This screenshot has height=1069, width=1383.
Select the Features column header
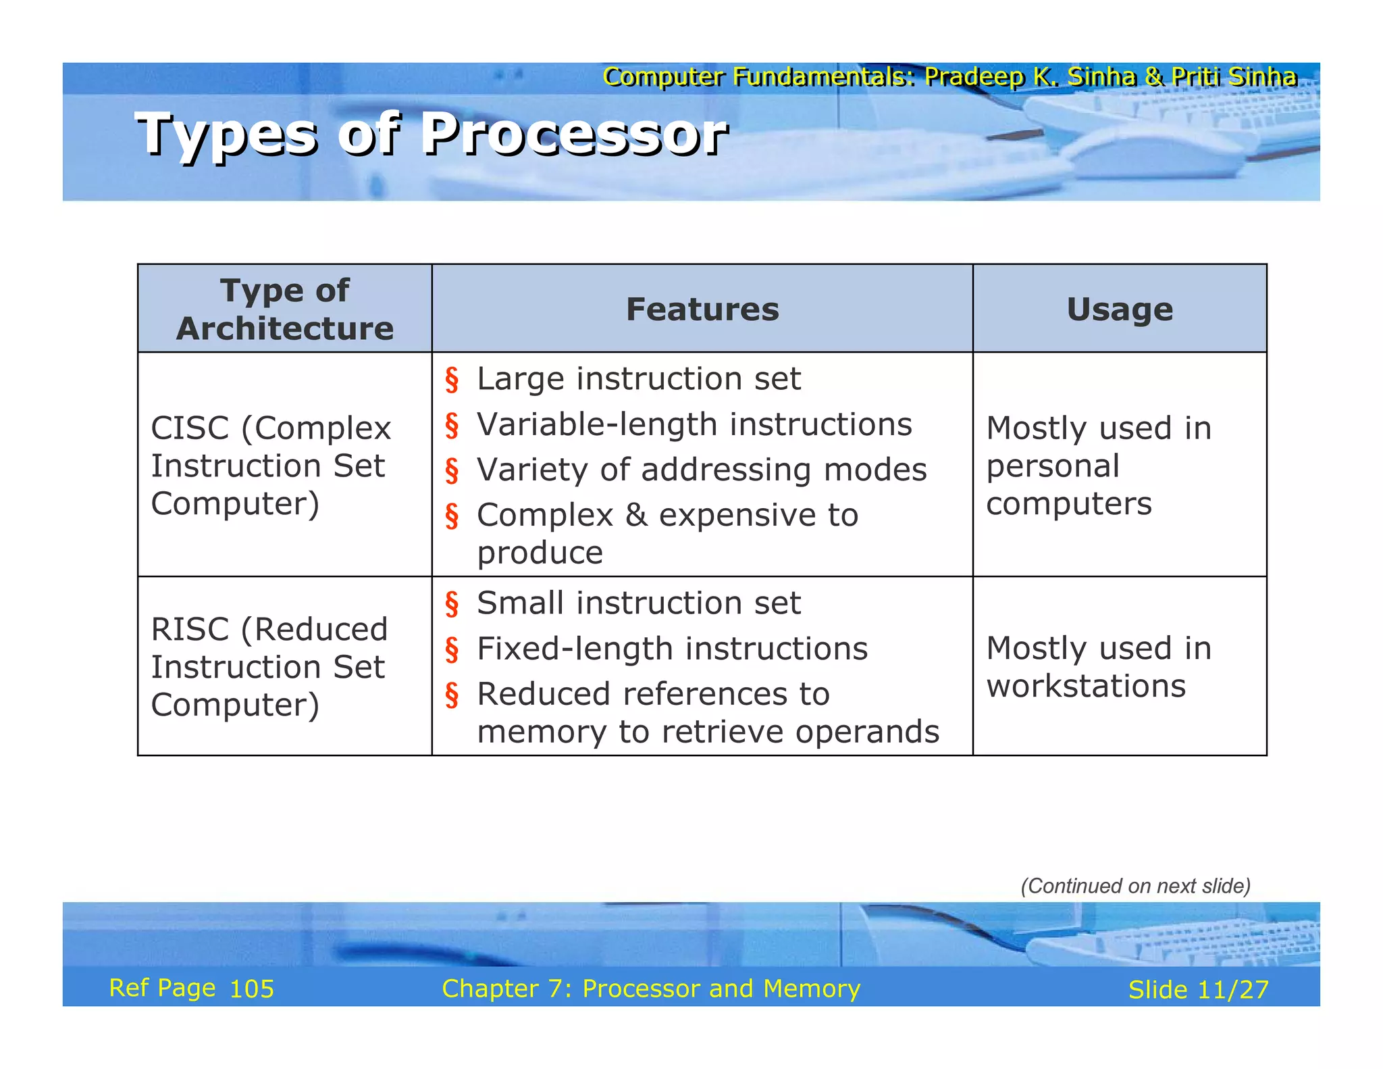(x=702, y=309)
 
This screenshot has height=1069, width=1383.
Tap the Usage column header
(x=1119, y=309)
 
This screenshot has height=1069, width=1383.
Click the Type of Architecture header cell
(x=284, y=309)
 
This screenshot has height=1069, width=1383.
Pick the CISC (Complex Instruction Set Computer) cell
(x=270, y=466)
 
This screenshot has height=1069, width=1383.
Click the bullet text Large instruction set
(x=638, y=378)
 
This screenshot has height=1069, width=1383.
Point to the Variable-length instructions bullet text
(x=694, y=424)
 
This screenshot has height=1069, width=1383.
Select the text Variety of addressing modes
(x=702, y=470)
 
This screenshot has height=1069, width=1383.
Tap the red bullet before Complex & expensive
(x=452, y=516)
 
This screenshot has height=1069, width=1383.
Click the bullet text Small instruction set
(x=638, y=603)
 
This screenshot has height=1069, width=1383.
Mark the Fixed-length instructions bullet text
(x=672, y=649)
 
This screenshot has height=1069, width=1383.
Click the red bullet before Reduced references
(x=452, y=695)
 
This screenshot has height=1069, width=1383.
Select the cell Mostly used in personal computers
(x=1099, y=466)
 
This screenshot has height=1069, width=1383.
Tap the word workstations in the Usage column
(x=1085, y=687)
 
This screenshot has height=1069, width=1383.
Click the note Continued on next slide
(x=1135, y=886)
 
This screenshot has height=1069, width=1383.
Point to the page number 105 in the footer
(x=252, y=989)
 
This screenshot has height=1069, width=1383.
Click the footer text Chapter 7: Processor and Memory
(x=651, y=989)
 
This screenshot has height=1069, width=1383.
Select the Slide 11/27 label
(x=1198, y=990)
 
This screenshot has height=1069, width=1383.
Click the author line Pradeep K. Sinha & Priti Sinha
(x=1110, y=77)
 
